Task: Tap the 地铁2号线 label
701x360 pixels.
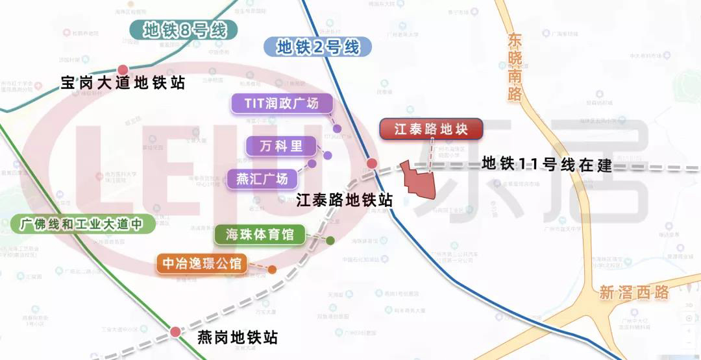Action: tap(317, 47)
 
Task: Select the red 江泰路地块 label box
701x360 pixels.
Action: tap(432, 129)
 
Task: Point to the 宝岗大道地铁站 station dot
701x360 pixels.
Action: tap(123, 69)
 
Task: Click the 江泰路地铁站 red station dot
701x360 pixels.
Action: tap(371, 163)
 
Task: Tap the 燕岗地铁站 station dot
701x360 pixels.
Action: tap(175, 332)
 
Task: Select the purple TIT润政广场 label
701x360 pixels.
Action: tap(282, 104)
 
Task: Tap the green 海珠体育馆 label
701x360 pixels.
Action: tap(260, 235)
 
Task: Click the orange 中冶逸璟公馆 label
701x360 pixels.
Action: tap(202, 263)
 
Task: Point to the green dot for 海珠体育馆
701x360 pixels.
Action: tap(330, 241)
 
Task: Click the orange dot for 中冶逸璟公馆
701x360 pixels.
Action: tap(272, 269)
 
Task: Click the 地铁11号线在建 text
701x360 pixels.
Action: tap(547, 165)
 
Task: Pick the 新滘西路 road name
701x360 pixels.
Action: tap(633, 293)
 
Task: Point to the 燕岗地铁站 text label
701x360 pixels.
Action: tap(237, 338)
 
